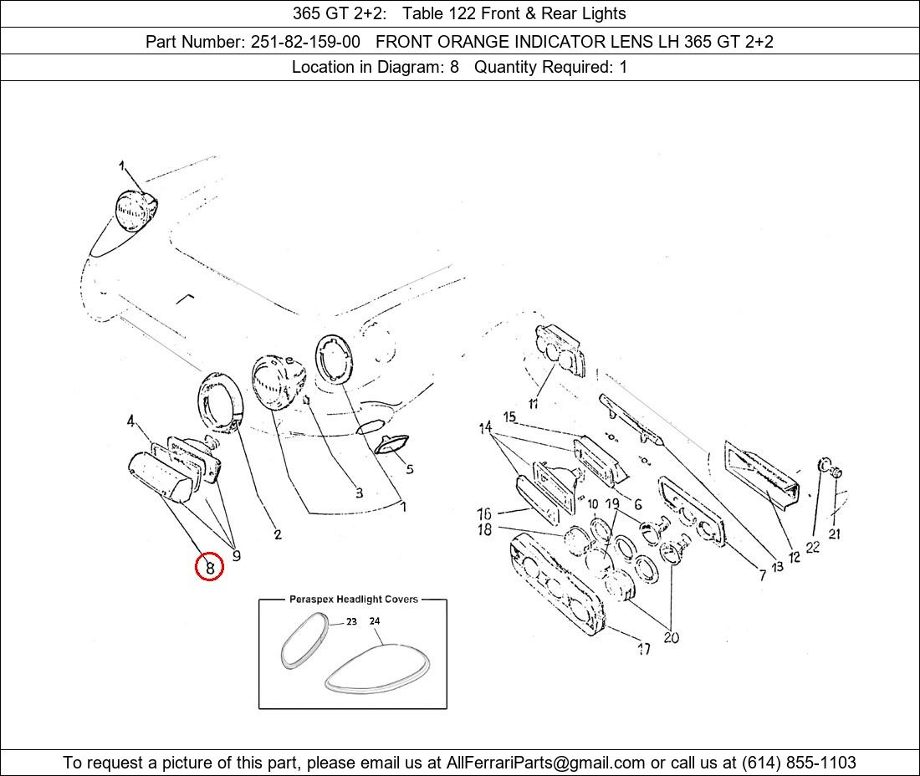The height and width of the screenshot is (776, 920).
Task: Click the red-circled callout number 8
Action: (209, 567)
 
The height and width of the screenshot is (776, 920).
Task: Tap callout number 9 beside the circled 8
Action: (236, 555)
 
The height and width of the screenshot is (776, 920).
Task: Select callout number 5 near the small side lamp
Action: (410, 468)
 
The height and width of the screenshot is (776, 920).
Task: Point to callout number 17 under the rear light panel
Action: (644, 649)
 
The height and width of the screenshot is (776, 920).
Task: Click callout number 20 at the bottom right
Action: (672, 637)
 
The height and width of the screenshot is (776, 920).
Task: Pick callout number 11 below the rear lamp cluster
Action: (534, 404)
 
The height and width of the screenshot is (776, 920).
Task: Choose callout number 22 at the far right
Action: (813, 547)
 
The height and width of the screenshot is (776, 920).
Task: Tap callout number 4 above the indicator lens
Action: (130, 421)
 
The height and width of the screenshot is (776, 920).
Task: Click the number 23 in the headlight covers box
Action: (351, 622)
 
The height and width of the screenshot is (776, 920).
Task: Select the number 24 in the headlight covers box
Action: (375, 620)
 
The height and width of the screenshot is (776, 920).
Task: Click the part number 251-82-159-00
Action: (305, 42)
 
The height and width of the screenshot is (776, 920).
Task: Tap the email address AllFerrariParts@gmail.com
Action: (545, 763)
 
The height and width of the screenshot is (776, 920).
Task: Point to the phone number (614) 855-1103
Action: (799, 763)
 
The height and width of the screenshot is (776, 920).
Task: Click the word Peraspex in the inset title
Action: (312, 600)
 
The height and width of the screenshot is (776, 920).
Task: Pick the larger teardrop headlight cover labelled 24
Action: (378, 669)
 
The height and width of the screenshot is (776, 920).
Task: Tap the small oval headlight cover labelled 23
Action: (304, 640)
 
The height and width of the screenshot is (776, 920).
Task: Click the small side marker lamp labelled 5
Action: (391, 444)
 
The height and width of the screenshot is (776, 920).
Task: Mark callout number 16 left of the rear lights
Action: (484, 513)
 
